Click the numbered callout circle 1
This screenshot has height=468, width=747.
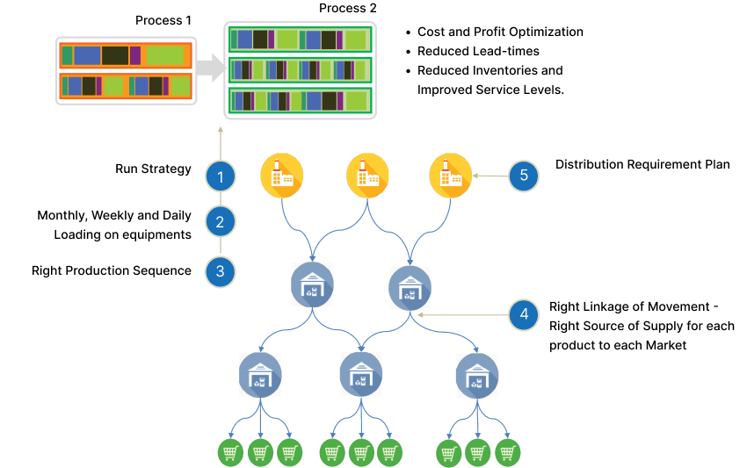click(220, 176)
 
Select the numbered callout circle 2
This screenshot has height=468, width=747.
click(220, 221)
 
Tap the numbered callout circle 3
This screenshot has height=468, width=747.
click(220, 271)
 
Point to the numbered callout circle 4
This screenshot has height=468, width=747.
click(524, 313)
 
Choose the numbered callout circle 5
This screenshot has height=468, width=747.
click(524, 176)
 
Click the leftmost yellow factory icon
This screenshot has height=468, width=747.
click(282, 176)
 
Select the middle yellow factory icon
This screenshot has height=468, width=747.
click(367, 176)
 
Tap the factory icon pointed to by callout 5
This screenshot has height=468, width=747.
click(450, 176)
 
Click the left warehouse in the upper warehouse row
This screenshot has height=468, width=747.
click(312, 284)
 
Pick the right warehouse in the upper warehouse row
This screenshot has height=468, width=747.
click(410, 287)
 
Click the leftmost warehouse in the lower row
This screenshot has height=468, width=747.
click(260, 375)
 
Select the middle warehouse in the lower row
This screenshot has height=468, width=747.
click(360, 374)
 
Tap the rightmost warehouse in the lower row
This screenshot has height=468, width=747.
click(477, 375)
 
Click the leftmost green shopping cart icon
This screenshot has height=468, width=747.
click(230, 453)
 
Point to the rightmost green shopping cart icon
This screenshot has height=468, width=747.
click(507, 453)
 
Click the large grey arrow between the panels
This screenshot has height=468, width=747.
click(210, 68)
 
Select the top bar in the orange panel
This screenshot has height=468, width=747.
click(126, 56)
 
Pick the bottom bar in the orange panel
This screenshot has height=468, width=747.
click(126, 86)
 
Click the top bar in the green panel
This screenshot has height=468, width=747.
click(301, 40)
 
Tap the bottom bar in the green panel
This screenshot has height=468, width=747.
click(301, 101)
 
